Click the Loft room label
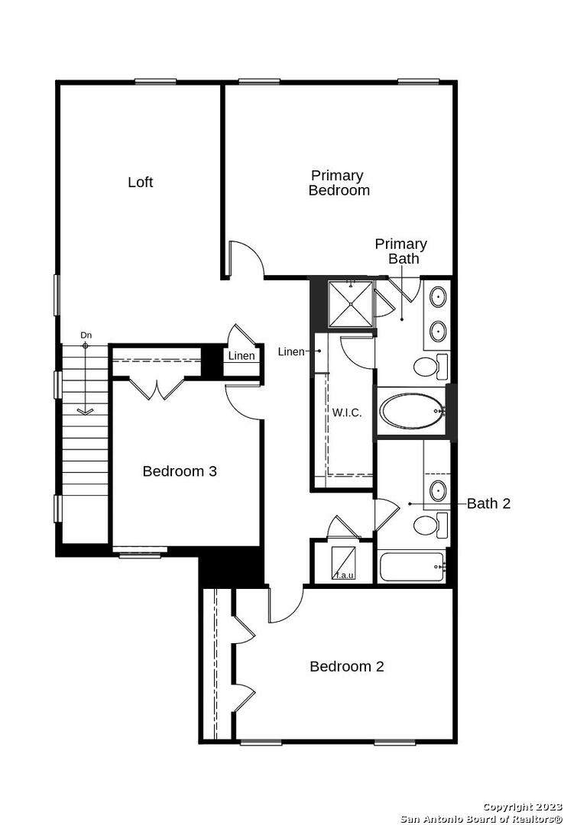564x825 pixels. [x=140, y=182]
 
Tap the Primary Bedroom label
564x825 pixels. [x=339, y=183]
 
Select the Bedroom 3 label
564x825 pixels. [x=180, y=471]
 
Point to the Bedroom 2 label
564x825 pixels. [x=346, y=666]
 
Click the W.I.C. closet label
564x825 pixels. [x=346, y=412]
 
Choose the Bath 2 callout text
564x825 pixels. [x=488, y=503]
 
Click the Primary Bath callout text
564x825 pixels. [x=400, y=251]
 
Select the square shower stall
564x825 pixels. [x=350, y=303]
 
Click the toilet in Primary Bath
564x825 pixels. [x=430, y=366]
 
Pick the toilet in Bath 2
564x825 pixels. [x=430, y=525]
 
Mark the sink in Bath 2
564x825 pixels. [x=438, y=490]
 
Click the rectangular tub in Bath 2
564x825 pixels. [x=413, y=567]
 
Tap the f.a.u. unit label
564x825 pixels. [x=345, y=575]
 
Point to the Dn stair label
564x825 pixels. [x=86, y=335]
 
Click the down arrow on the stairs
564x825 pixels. [x=85, y=379]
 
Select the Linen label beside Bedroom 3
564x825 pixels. [x=241, y=356]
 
